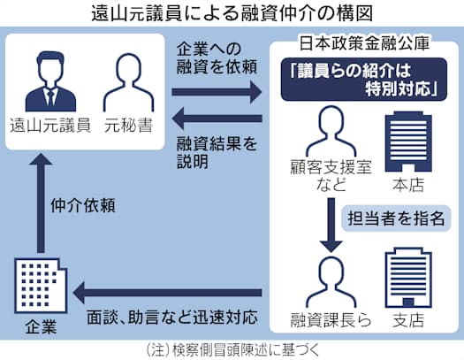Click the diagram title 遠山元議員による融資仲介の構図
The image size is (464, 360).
[232, 13]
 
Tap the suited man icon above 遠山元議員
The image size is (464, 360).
[50, 81]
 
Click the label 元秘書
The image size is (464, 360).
[129, 126]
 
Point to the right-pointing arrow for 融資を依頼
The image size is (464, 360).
[217, 92]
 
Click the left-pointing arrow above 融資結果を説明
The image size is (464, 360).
[217, 119]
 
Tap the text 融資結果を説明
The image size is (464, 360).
[217, 153]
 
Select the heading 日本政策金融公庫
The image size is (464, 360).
[364, 43]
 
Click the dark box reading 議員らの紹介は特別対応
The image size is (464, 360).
[363, 80]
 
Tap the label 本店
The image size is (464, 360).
[408, 185]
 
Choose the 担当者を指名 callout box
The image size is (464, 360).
[396, 218]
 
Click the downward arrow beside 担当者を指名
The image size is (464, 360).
[331, 225]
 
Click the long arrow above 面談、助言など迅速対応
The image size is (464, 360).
[168, 293]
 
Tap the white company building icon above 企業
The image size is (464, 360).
[41, 285]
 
